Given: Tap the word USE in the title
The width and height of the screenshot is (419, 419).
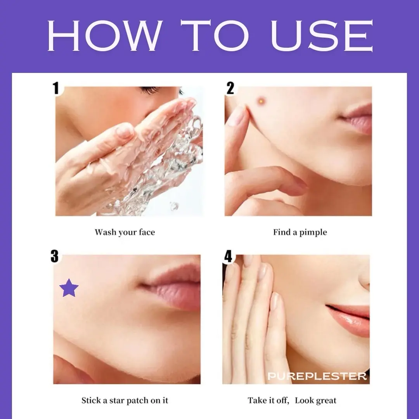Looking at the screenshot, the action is click(322, 36).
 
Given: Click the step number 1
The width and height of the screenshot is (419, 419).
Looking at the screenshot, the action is click(56, 88).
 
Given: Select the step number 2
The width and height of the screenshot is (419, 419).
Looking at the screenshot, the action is click(230, 88).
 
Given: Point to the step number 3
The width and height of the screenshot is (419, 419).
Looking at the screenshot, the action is click(55, 256).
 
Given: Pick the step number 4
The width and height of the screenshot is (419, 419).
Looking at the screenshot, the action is click(228, 256).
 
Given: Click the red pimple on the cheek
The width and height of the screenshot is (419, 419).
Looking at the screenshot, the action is click(261, 101).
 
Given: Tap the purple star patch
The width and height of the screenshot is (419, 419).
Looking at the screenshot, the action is click(69, 288).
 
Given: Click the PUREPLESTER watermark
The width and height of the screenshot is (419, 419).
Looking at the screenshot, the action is click(317, 376).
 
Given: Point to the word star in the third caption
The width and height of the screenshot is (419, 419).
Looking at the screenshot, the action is click(116, 400).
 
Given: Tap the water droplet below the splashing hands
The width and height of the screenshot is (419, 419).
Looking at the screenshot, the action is click(174, 206).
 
